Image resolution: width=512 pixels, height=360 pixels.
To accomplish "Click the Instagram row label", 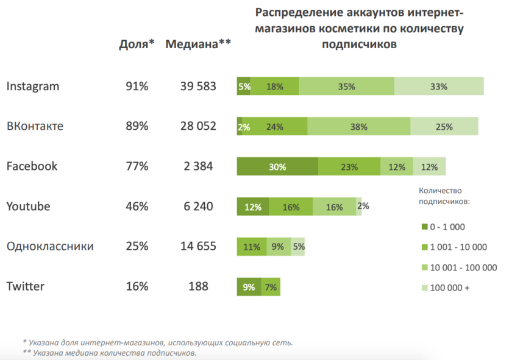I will click(x=33, y=86).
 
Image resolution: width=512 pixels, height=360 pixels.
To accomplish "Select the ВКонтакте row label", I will click(x=35, y=127).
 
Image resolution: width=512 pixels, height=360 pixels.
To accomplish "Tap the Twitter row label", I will click(x=25, y=286).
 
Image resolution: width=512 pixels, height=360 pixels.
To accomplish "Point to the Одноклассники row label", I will click(x=50, y=247).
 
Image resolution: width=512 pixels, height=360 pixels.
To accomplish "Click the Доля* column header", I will click(x=137, y=43).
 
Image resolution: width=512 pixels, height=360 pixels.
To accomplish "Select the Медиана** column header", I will click(x=198, y=43).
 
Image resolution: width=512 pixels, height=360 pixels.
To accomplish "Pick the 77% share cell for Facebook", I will click(x=137, y=166).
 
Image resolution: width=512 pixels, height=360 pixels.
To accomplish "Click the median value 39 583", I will click(x=198, y=86).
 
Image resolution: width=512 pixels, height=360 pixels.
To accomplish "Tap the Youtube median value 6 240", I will click(x=198, y=206).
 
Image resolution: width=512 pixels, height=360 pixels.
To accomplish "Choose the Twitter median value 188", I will click(x=198, y=286).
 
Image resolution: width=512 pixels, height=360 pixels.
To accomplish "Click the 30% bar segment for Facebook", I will click(x=277, y=166).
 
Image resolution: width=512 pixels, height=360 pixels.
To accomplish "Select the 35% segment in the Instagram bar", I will click(x=347, y=86).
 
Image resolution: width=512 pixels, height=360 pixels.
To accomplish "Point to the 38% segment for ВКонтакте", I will click(x=359, y=127).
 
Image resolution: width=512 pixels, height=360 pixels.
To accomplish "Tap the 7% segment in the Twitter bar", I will click(x=271, y=287).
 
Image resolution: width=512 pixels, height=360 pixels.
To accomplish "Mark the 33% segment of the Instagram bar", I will click(x=439, y=86).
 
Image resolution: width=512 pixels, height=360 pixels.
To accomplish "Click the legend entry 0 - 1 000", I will click(x=447, y=227).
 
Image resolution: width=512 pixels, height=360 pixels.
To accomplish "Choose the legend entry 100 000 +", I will click(x=450, y=288).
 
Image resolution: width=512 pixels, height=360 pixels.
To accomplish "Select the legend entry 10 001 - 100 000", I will click(x=463, y=267).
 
